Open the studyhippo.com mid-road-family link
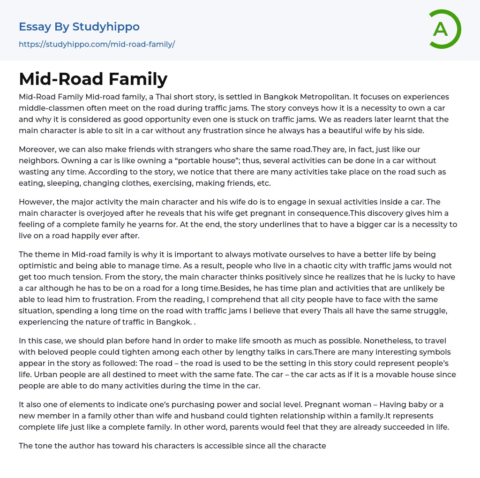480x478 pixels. pyautogui.click(x=97, y=44)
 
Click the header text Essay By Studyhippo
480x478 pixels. pyautogui.click(x=79, y=27)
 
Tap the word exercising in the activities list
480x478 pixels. pyautogui.click(x=187, y=183)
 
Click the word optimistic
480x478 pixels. pyautogui.click(x=39, y=266)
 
